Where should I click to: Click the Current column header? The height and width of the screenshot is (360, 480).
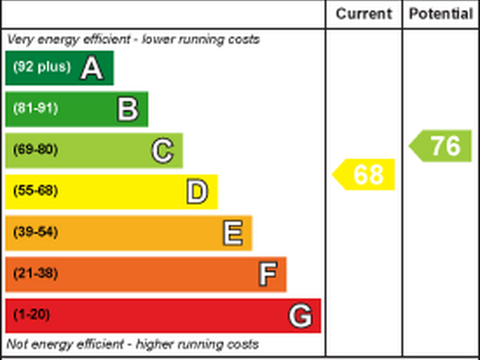click(x=364, y=14)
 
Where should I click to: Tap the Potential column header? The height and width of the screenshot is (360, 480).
click(x=441, y=14)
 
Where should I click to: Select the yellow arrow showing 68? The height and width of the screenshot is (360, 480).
click(x=364, y=174)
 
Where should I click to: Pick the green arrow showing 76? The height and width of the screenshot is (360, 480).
click(x=441, y=146)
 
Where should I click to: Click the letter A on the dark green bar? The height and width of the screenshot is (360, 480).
click(x=91, y=68)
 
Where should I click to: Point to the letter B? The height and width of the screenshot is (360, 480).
click(x=128, y=109)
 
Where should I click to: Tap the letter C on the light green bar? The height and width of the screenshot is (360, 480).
click(x=162, y=151)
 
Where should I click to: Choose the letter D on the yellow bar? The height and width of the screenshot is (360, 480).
click(x=197, y=192)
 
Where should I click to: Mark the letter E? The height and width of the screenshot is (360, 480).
click(x=233, y=234)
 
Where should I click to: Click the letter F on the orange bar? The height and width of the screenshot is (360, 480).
click(x=267, y=275)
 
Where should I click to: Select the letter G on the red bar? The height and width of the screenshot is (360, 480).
click(x=300, y=316)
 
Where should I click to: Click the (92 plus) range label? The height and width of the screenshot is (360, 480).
click(x=42, y=67)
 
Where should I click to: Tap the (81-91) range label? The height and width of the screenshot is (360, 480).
click(x=35, y=108)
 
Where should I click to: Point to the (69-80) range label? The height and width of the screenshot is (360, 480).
click(x=35, y=149)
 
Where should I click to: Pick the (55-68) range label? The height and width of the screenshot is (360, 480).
click(x=35, y=190)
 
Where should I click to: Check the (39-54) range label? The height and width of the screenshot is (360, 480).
click(x=35, y=232)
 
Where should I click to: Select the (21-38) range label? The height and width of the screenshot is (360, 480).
click(x=35, y=274)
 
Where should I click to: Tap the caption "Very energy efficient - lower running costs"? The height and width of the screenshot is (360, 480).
click(x=133, y=39)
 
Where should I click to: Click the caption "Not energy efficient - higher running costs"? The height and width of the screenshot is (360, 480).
click(x=133, y=344)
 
